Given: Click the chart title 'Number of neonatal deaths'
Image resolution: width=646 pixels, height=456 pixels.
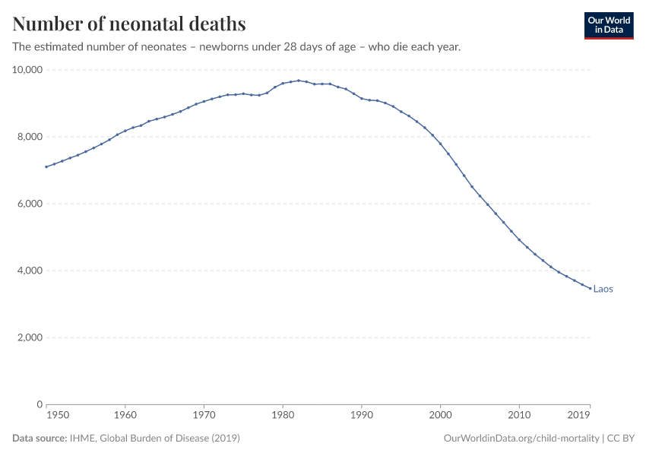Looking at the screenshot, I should (129, 24).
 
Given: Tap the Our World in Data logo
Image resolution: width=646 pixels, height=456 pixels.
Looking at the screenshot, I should (608, 25).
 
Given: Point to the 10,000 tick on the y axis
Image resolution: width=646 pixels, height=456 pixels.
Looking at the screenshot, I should (27, 70).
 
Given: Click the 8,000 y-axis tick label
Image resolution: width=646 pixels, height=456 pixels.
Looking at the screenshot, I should (30, 137).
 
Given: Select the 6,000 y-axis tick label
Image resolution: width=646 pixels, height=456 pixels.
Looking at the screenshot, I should (30, 204).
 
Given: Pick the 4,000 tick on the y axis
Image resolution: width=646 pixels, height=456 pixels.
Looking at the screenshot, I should (30, 271).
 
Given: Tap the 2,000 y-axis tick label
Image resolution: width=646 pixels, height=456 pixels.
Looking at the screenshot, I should (30, 337).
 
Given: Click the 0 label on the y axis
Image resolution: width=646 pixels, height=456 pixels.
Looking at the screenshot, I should (39, 404).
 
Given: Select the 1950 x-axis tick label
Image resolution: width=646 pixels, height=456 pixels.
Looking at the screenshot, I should (58, 416).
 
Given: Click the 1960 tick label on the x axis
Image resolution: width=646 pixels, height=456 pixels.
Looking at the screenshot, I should (125, 416).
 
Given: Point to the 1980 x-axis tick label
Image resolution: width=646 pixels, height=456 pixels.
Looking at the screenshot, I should (283, 416).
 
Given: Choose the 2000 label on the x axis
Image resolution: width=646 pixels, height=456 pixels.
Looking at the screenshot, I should (440, 416).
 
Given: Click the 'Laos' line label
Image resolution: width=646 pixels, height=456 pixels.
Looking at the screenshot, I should (603, 289).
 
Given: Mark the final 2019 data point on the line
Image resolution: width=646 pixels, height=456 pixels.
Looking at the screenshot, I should (590, 288).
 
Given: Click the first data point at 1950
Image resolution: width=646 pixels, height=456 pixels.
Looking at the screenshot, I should (46, 166).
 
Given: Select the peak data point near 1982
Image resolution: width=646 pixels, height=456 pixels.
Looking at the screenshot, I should (299, 81).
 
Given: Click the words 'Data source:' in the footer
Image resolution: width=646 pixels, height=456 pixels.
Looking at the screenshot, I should (39, 439).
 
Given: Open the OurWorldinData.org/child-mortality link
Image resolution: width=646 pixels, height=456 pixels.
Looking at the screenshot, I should (521, 439).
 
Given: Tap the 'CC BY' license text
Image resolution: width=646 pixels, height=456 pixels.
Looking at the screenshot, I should (621, 439).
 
